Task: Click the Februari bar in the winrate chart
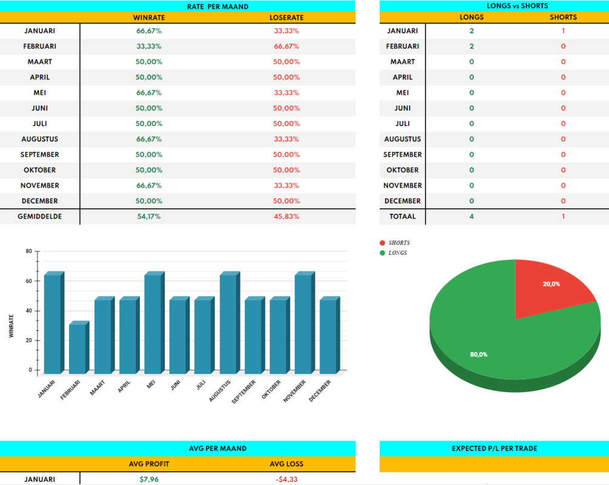(78, 349)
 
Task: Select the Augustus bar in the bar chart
(229, 325)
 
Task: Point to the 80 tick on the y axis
(29, 251)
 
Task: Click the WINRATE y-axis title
(12, 326)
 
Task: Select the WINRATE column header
(149, 18)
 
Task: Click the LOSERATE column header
(286, 18)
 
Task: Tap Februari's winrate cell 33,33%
(149, 46)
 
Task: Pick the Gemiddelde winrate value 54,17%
(149, 216)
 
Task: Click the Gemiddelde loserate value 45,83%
(286, 216)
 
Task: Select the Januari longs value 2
(471, 31)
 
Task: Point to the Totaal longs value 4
(471, 216)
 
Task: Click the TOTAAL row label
(402, 216)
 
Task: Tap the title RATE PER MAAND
(218, 7)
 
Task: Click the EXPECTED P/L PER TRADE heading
(494, 449)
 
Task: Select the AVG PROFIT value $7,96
(149, 480)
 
